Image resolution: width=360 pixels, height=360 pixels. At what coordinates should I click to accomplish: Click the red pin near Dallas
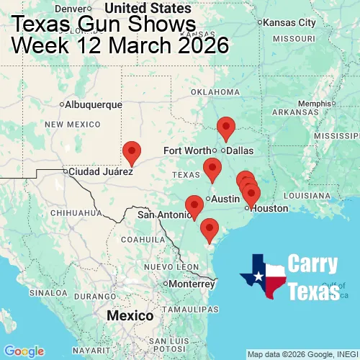click(x=226, y=127)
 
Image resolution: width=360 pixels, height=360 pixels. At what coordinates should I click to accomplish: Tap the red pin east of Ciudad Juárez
click(x=132, y=151)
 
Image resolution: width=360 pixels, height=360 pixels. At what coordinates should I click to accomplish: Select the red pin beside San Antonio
click(x=194, y=206)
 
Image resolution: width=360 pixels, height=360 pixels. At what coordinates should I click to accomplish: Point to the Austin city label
click(x=225, y=199)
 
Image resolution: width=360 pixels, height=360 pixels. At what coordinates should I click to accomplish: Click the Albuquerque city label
click(x=94, y=104)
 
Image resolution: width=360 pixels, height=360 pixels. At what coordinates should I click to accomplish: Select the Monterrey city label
click(x=192, y=284)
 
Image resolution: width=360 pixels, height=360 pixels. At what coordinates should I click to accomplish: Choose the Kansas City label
click(x=290, y=22)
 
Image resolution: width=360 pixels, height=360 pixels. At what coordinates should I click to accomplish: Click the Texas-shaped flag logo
click(x=263, y=276)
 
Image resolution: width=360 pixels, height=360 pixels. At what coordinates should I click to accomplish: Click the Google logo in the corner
click(x=23, y=351)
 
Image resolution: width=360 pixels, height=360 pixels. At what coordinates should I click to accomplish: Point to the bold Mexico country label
click(x=130, y=316)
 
